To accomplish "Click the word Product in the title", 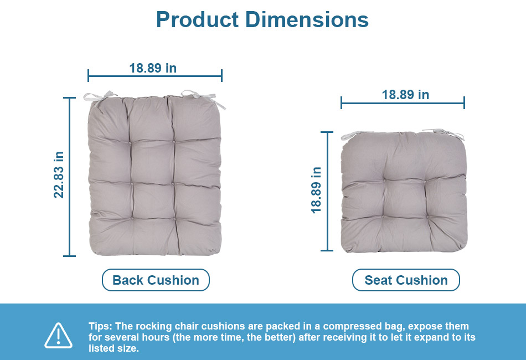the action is (197, 19).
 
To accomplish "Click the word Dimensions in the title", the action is (307, 19).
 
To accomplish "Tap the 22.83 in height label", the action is (59, 175).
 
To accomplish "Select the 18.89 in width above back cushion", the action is (153, 68).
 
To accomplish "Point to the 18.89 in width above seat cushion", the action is (405, 95).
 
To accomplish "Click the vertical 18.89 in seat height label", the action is (316, 190).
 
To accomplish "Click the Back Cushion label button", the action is (156, 280).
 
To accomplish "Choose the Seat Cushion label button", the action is (406, 280).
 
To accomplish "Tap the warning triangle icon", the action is (58, 336).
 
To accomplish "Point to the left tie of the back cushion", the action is (99, 97).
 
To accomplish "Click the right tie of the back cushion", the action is (203, 98).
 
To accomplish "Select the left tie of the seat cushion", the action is (355, 135).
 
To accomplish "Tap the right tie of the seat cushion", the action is (444, 133).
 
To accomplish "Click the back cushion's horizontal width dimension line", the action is (155, 76).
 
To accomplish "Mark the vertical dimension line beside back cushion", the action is (69, 177).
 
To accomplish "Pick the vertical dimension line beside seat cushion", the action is (327, 191).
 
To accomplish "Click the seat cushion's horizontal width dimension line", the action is (403, 102).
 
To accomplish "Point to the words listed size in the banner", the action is (114, 348).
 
